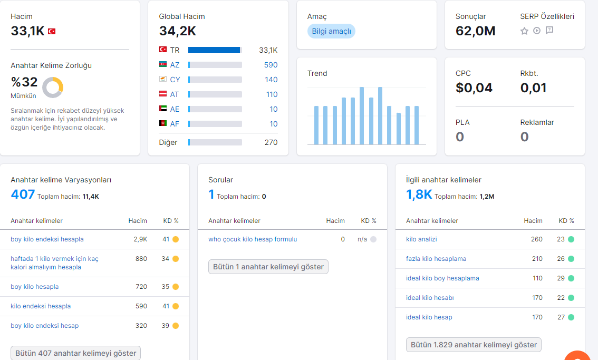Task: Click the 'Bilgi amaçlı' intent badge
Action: tap(331, 31)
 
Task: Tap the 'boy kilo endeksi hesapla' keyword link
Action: tap(47, 239)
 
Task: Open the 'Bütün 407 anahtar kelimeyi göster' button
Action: tap(75, 353)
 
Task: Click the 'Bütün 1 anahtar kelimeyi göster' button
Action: tap(268, 267)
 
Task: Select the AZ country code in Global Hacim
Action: tap(175, 65)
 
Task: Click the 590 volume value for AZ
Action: tap(271, 65)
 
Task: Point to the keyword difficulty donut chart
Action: tap(53, 87)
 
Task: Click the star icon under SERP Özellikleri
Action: tap(524, 31)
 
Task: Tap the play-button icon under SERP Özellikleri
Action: tap(537, 31)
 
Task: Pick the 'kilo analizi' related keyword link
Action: tap(421, 239)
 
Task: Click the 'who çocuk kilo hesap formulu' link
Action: tap(253, 239)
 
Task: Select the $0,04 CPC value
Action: tap(474, 87)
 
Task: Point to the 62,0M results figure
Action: tap(476, 31)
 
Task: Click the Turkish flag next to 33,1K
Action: tap(52, 31)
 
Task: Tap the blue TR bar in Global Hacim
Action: tap(214, 50)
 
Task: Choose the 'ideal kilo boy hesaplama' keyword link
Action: tap(442, 278)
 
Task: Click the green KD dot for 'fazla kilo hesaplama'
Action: tap(571, 259)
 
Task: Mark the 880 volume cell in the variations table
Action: tap(141, 259)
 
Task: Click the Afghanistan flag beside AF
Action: tap(163, 123)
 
